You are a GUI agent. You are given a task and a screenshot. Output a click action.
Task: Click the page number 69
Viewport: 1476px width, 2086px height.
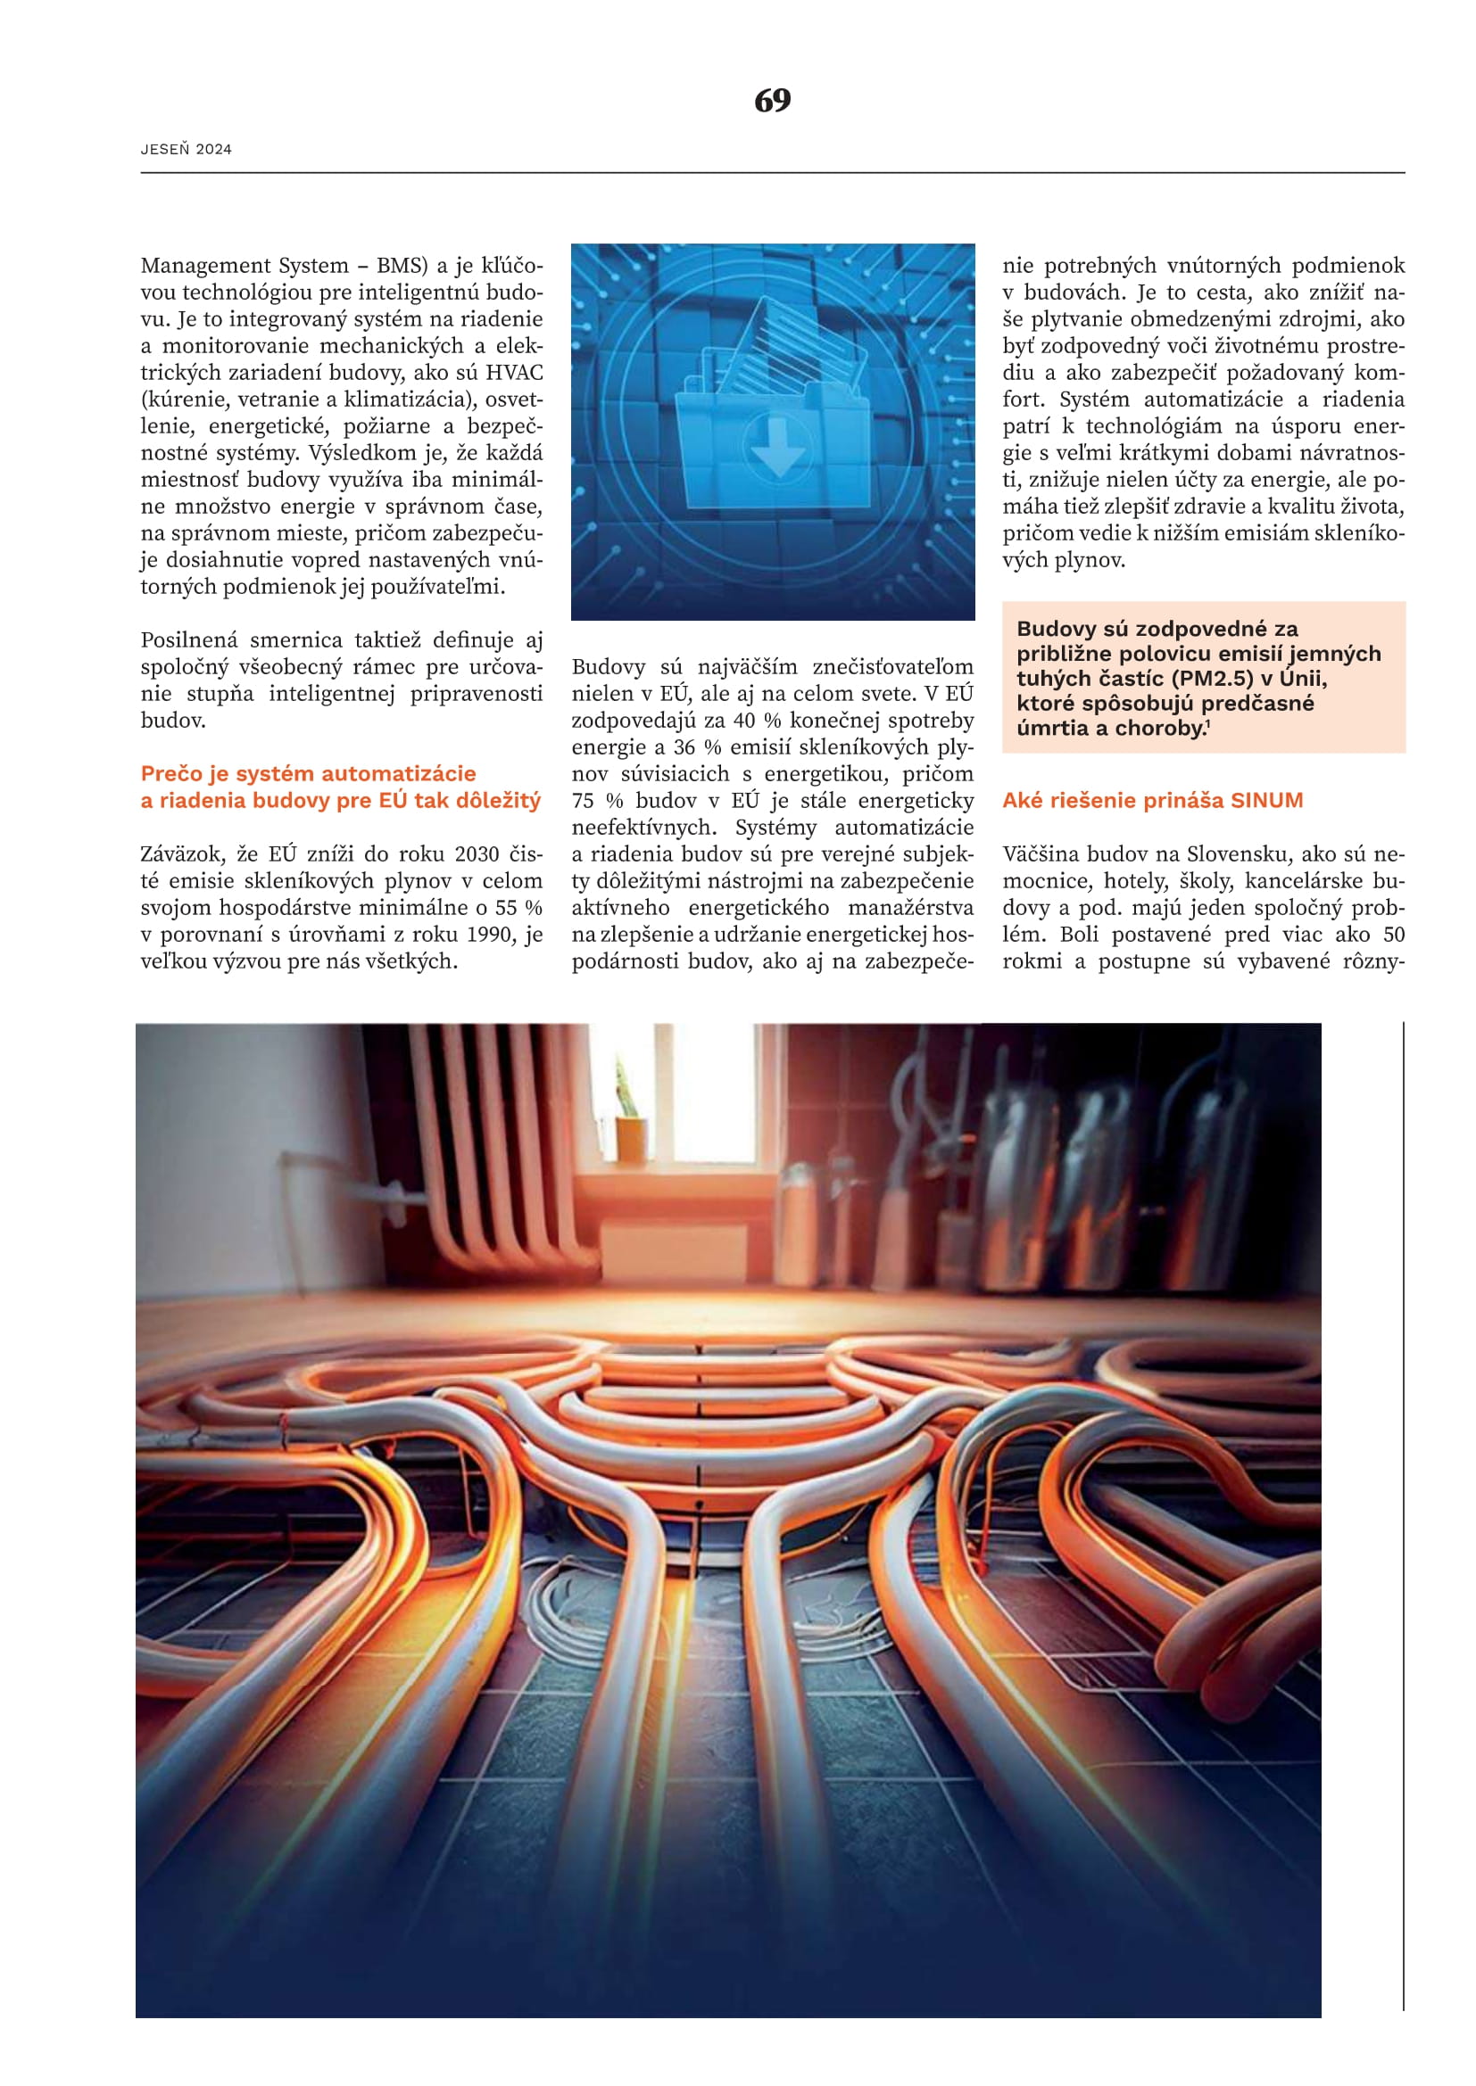(x=772, y=100)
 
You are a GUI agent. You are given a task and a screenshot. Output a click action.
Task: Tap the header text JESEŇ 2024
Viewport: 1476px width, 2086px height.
(x=187, y=149)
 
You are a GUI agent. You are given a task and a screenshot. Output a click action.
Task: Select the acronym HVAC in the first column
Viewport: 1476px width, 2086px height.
(x=513, y=373)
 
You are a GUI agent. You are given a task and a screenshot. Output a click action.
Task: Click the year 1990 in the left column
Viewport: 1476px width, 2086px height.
(x=492, y=934)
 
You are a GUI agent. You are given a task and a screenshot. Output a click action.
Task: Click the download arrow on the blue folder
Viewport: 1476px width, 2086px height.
(x=777, y=446)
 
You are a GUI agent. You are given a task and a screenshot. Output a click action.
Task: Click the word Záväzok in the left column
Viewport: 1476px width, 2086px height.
(x=182, y=854)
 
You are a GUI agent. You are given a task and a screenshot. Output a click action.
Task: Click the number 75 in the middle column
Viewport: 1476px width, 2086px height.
(x=584, y=800)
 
